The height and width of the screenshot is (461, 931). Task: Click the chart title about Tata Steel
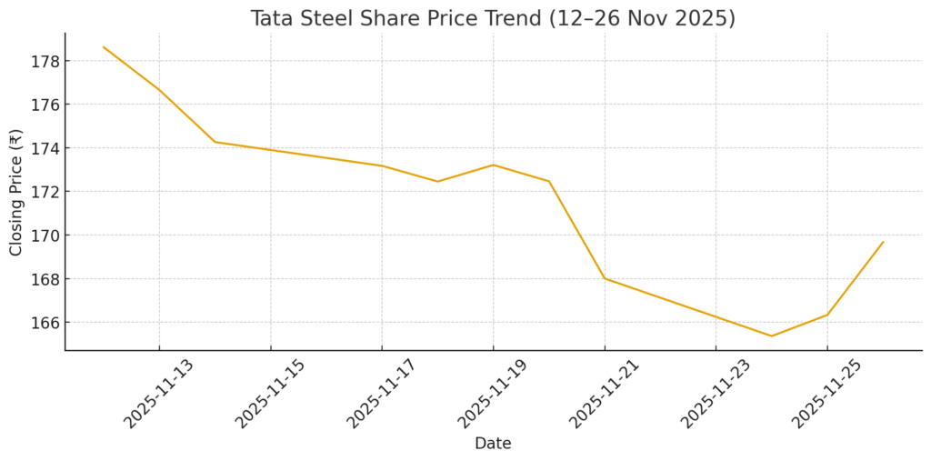pyautogui.click(x=493, y=18)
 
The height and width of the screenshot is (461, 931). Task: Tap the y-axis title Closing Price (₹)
pyautogui.click(x=15, y=192)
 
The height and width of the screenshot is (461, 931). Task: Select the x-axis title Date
pyautogui.click(x=493, y=444)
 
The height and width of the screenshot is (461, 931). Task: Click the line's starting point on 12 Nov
pyautogui.click(x=104, y=46)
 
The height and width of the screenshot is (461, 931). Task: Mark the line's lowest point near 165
pyautogui.click(x=771, y=336)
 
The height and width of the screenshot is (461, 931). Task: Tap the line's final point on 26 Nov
pyautogui.click(x=883, y=242)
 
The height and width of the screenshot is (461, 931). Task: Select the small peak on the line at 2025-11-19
pyautogui.click(x=493, y=165)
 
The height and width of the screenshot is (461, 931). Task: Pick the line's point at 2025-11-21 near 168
pyautogui.click(x=605, y=278)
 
